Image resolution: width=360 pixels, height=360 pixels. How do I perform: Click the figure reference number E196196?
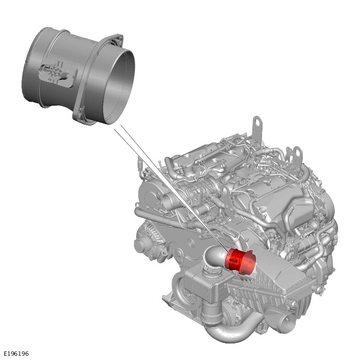[x=16, y=354]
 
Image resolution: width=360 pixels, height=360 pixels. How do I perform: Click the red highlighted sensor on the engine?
[x=241, y=261]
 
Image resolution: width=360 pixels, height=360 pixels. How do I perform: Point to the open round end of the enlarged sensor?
[x=119, y=86]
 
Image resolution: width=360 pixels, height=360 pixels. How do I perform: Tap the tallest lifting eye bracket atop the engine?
[x=257, y=129]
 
